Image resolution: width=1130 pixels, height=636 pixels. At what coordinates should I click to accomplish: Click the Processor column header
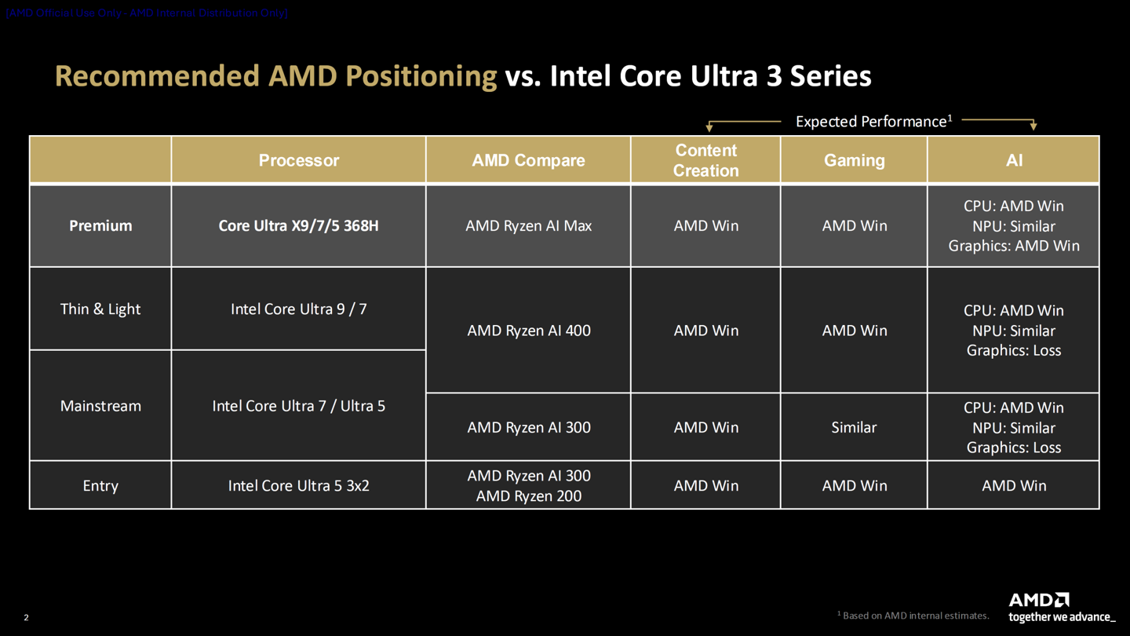click(298, 160)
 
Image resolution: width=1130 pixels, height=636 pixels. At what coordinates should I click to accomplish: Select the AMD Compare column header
click(528, 160)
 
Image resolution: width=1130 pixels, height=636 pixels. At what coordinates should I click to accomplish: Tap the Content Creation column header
click(705, 160)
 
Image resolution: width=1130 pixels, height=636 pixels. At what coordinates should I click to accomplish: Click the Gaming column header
click(854, 160)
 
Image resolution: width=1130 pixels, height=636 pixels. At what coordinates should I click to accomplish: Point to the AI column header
click(1014, 160)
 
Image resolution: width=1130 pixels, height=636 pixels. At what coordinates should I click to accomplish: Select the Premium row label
click(100, 226)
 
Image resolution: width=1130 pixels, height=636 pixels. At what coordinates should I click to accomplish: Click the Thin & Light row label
click(100, 309)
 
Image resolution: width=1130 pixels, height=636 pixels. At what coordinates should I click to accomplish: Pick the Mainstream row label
click(100, 406)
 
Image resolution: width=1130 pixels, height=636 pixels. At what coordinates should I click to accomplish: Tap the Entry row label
click(100, 486)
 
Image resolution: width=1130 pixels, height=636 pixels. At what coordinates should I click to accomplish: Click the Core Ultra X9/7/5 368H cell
click(298, 226)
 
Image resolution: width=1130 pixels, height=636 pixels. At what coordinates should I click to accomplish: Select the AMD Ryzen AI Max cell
click(528, 226)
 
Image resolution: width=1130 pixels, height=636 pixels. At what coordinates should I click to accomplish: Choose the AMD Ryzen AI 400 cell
click(528, 331)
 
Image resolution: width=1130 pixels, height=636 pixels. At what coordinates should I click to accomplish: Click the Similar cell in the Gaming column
click(854, 428)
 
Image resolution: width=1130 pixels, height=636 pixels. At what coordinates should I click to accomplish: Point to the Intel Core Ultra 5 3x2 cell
click(298, 486)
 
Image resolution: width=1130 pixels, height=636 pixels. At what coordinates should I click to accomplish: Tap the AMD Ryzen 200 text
click(528, 496)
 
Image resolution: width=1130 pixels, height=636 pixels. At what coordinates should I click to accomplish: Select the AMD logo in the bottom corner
click(1039, 601)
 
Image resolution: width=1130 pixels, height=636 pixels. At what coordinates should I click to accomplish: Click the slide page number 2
click(26, 618)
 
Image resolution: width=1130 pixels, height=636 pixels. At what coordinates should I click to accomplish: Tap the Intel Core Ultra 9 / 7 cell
click(298, 309)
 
